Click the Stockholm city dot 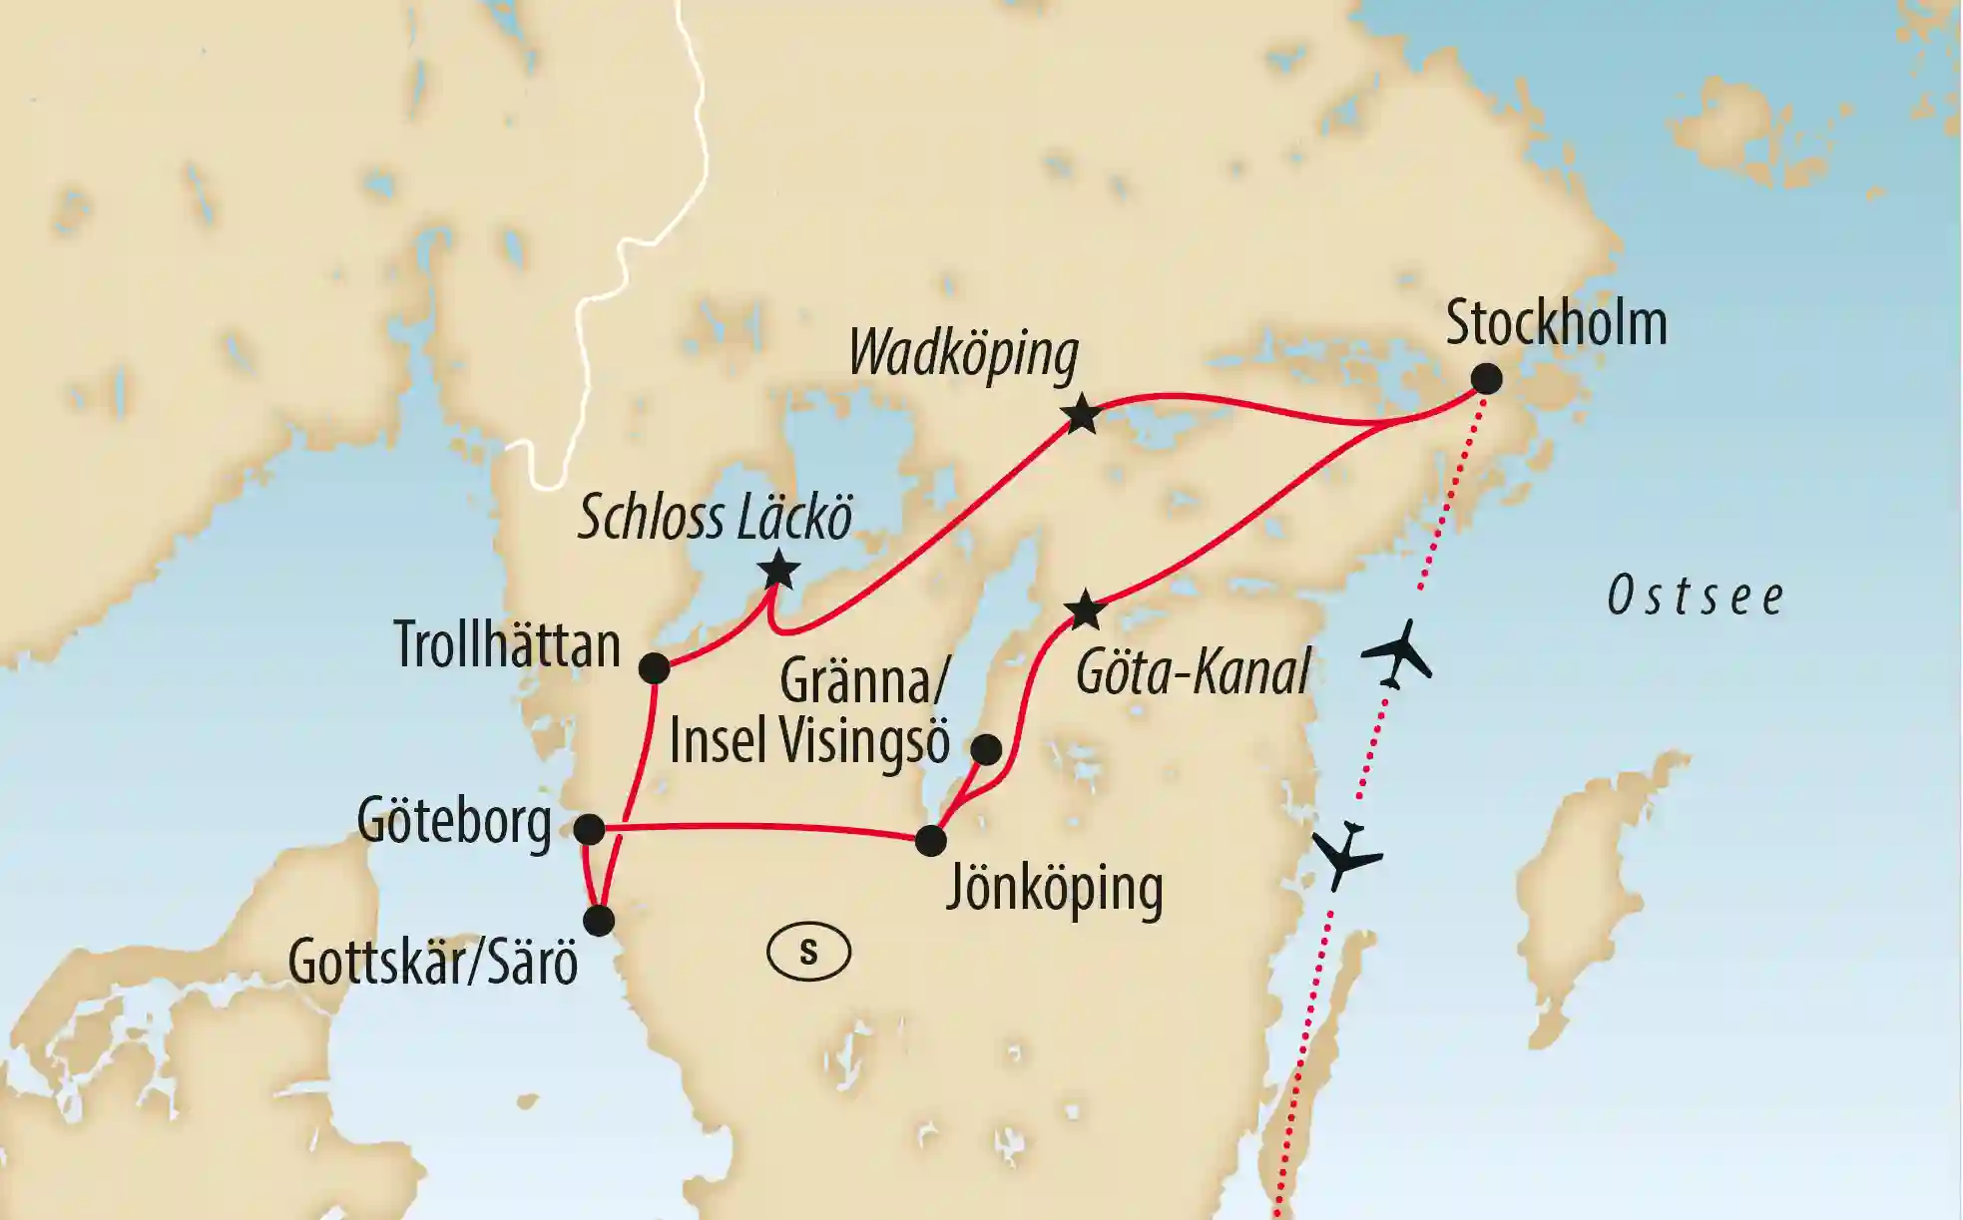pos(1487,379)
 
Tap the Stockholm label pos(1556,323)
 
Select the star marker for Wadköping pos(1082,414)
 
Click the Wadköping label pos(963,354)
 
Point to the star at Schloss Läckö pos(778,571)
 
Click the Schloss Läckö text pos(715,518)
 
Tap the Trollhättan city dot pos(654,667)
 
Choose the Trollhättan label pos(507,644)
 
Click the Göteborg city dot pos(590,829)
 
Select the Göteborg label pos(454,823)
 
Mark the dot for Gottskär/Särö pos(599,920)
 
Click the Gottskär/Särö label pos(433,963)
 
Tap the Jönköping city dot pos(930,840)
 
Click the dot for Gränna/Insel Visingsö pos(986,749)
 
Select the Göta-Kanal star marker pos(1085,610)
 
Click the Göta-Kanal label pos(1193,673)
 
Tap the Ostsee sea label pos(1695,598)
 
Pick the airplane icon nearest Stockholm pos(1397,653)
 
